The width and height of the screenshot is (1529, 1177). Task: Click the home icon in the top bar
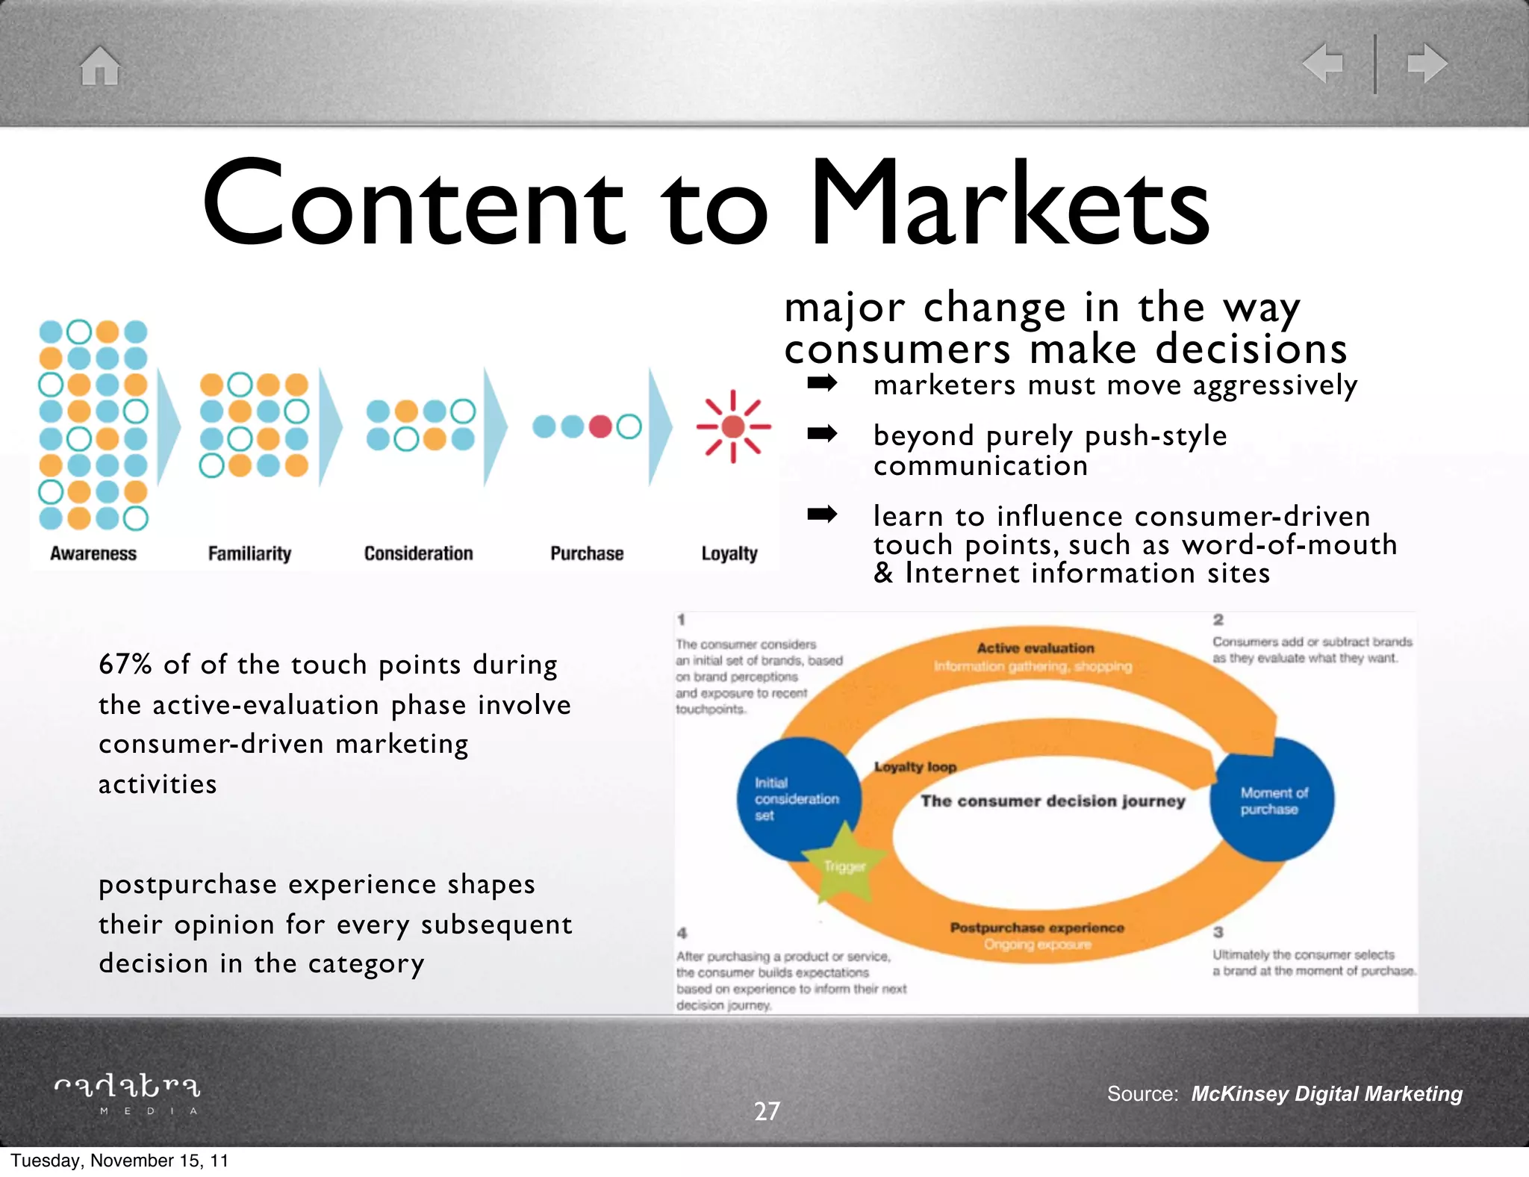click(100, 66)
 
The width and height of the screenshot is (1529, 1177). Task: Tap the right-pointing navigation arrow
click(1427, 63)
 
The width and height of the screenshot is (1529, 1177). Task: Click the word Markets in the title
click(1009, 203)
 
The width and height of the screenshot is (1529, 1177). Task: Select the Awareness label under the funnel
click(93, 553)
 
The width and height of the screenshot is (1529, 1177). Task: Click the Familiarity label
click(249, 553)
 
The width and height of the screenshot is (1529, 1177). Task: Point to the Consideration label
click(418, 553)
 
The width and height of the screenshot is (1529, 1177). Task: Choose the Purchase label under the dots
click(587, 553)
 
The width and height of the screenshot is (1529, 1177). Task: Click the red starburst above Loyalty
click(733, 426)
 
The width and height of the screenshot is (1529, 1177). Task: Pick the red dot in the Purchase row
click(600, 426)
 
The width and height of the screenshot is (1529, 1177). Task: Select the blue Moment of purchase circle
click(1272, 800)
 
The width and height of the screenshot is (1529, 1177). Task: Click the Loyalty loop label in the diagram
click(915, 767)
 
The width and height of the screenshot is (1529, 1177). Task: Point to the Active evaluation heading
click(1035, 648)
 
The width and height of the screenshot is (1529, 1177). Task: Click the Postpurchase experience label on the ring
click(1036, 928)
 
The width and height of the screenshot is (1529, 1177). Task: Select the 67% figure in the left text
click(125, 664)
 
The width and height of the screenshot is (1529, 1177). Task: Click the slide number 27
click(767, 1111)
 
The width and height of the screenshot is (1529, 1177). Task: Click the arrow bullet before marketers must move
click(822, 384)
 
